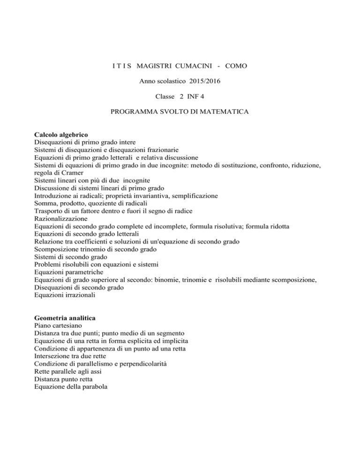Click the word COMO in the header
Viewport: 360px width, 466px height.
pos(236,67)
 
